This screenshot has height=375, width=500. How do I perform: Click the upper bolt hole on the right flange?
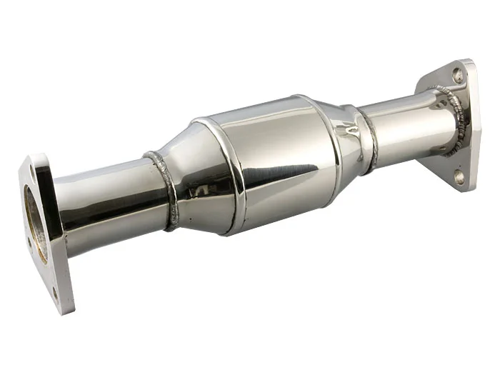(458, 73)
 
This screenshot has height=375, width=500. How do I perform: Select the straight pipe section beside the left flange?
(107, 200)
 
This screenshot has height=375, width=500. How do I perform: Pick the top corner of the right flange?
(468, 63)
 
